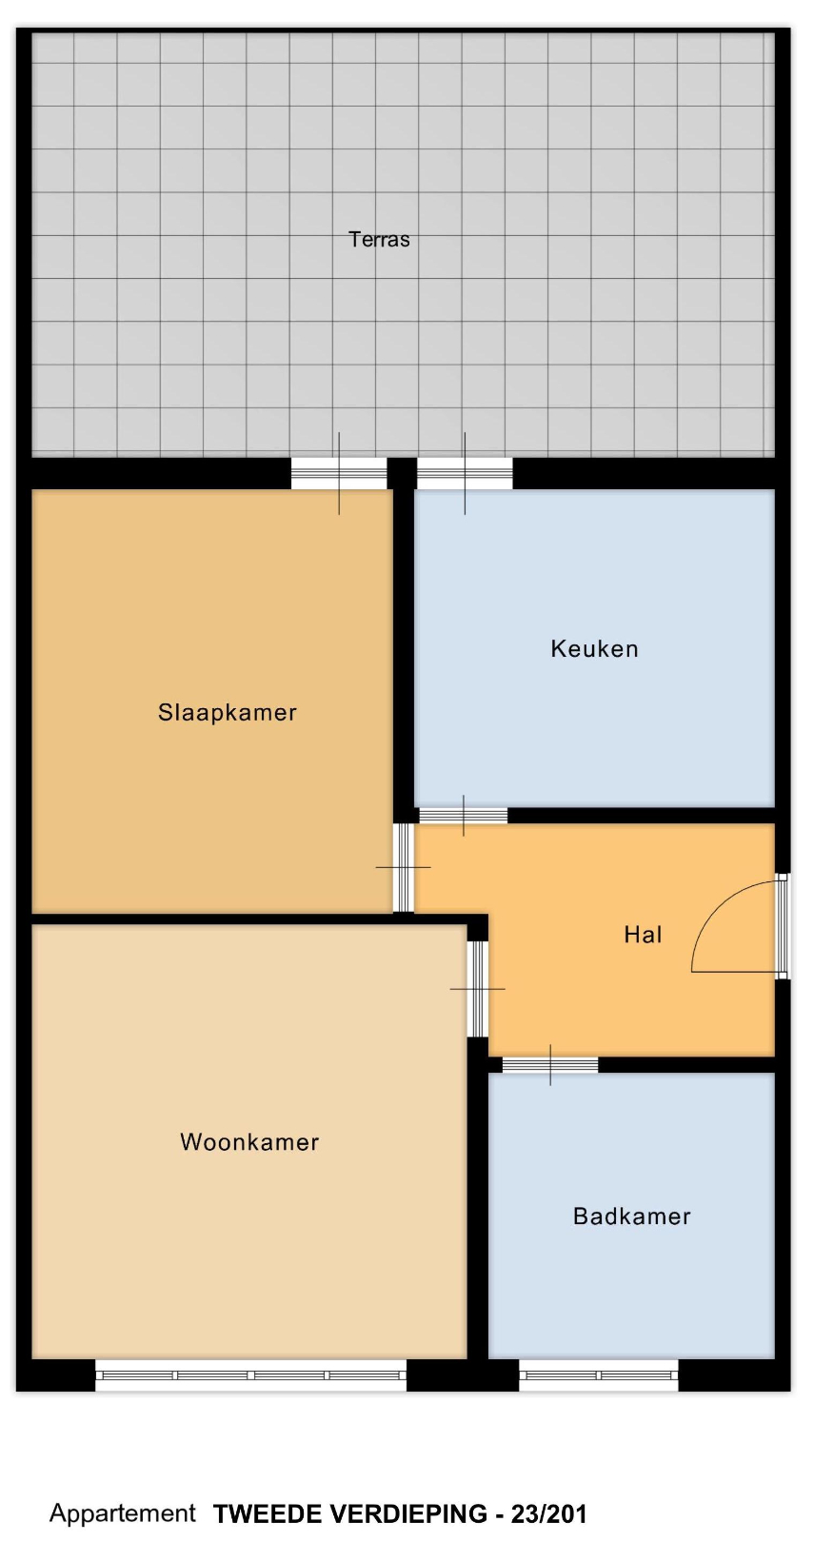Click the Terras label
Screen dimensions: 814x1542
379,240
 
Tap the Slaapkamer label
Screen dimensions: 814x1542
228,712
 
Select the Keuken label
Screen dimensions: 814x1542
594,648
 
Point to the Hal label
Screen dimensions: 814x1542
643,934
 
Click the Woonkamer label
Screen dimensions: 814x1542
249,1142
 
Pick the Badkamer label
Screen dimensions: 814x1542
631,1216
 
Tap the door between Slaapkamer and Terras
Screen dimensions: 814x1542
339,473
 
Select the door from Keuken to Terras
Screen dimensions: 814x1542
465,473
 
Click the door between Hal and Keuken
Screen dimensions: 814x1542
464,815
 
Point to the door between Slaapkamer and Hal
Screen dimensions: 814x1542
404,867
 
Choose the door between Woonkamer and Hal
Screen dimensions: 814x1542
478,989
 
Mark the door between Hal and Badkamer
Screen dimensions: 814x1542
550,1065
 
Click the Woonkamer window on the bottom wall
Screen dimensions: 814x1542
250,1375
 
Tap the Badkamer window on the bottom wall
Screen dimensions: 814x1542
599,1375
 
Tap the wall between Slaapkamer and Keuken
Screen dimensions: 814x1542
404,647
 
